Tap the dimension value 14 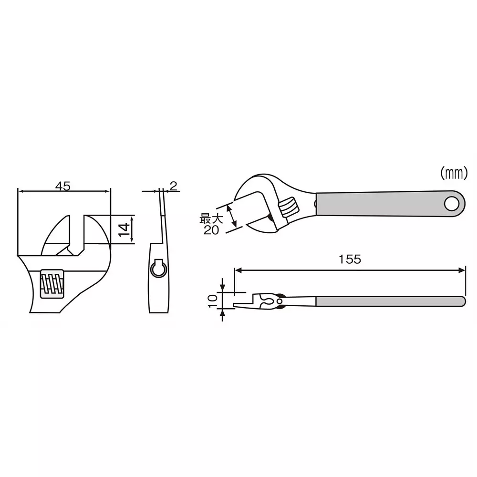pos(124,229)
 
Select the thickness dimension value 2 pos(173,186)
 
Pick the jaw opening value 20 pos(210,230)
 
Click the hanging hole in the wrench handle pos(450,204)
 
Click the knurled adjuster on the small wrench pos(288,207)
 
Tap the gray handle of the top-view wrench pos(382,204)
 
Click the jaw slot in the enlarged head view pos(77,234)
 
